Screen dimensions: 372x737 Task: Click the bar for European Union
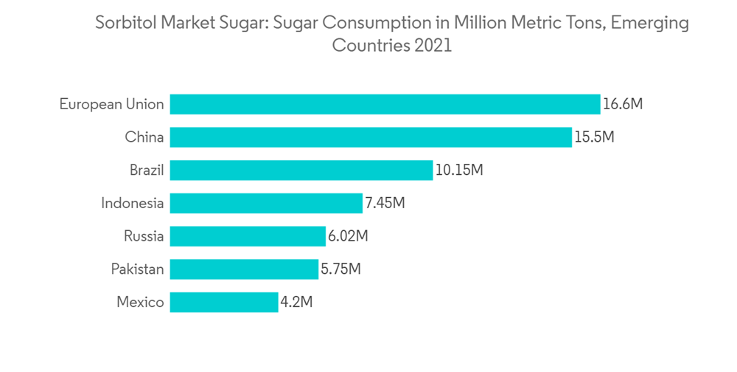point(385,104)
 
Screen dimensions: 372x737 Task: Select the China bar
point(371,137)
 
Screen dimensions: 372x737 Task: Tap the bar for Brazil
point(301,170)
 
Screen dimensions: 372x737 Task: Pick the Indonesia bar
point(266,203)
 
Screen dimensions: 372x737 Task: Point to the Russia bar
point(248,236)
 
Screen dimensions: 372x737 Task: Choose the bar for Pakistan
point(244,269)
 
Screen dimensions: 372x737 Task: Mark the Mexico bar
point(224,302)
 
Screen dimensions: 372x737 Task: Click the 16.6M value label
point(623,104)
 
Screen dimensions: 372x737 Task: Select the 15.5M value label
point(594,137)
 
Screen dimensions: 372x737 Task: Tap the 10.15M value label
point(459,170)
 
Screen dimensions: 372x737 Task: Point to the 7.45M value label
point(385,203)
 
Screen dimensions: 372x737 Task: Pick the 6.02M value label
point(348,236)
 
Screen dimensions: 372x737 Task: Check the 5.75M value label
point(340,269)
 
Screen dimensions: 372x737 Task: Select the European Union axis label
point(112,104)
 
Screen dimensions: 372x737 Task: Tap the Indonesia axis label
point(133,203)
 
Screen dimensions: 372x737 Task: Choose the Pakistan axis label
point(137,269)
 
